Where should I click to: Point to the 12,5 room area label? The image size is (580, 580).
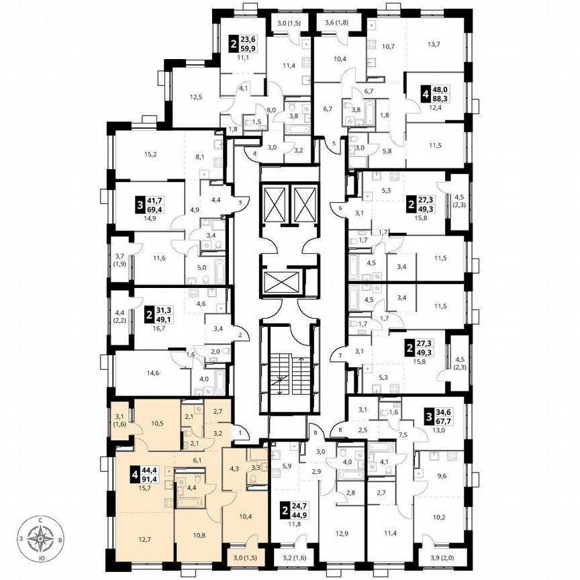click(x=195, y=97)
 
